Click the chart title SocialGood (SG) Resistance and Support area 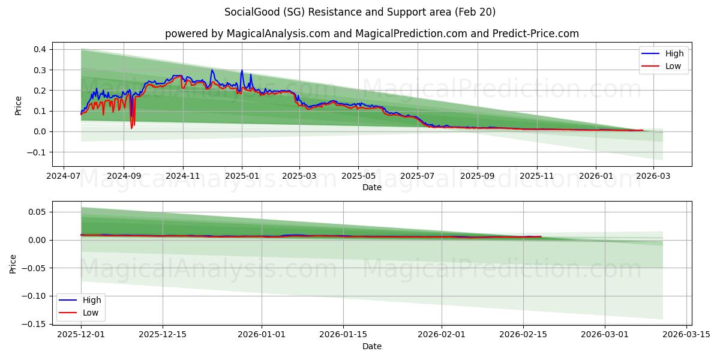click(360, 12)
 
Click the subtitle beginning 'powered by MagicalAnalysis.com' click(372, 34)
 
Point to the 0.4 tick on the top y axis click(41, 49)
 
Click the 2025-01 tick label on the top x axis click(242, 177)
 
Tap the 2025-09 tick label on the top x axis click(478, 177)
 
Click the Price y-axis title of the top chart click(18, 105)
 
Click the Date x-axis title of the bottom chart click(372, 346)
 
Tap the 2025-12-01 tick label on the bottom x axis click(81, 335)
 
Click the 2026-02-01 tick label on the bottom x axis click(442, 335)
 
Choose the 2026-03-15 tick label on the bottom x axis click(686, 335)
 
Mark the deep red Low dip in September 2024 click(131, 127)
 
